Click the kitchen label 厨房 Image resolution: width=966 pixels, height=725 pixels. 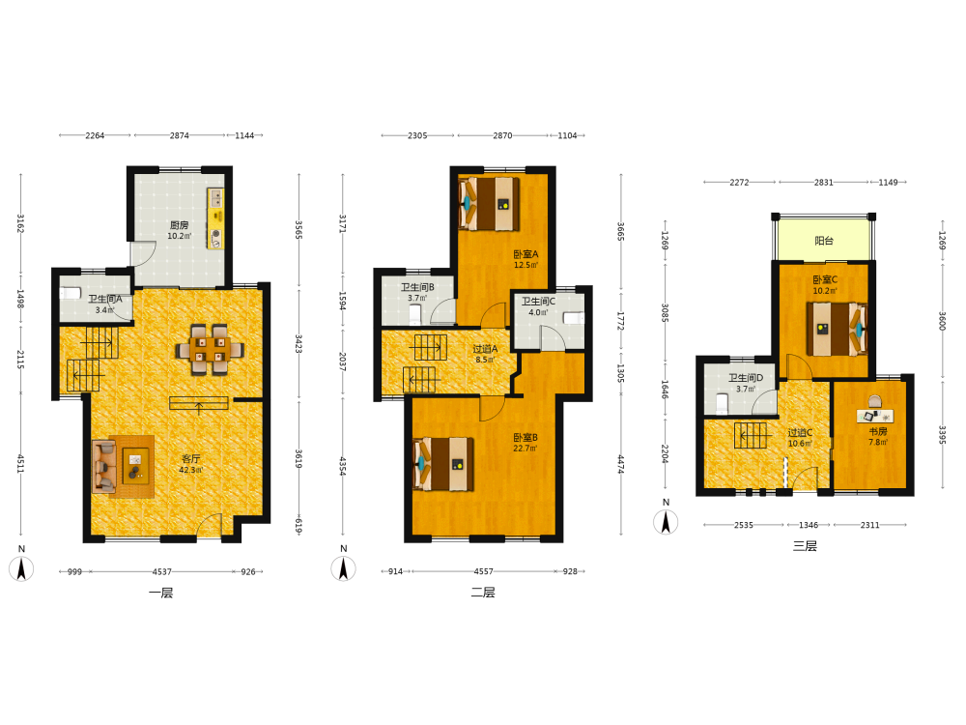tap(180, 225)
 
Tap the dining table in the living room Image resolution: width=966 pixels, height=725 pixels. tap(210, 350)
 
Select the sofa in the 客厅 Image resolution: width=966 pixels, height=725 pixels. tap(104, 466)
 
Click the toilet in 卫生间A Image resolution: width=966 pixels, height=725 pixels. tap(71, 293)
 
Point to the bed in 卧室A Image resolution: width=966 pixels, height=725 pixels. tap(489, 204)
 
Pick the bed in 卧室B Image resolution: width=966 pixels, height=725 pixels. tap(443, 464)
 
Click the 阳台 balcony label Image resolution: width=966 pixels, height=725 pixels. tap(824, 241)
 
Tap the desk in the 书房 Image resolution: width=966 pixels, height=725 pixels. tap(875, 416)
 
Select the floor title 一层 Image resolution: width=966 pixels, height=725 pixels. tap(160, 594)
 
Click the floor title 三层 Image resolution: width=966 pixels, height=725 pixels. tap(805, 546)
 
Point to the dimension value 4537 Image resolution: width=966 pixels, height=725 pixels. tap(162, 571)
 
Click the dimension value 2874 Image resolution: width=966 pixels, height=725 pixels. tap(180, 135)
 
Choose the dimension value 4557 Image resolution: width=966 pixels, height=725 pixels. tap(484, 571)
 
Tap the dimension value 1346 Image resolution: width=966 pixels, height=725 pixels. tap(809, 525)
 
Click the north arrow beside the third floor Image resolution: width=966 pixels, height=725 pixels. tap(666, 522)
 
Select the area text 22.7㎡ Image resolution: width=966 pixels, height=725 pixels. tap(525, 449)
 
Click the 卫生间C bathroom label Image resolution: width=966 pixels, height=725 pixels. tap(538, 302)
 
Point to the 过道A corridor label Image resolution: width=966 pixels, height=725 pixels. tap(485, 349)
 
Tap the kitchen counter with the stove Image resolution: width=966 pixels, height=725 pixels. tap(215, 218)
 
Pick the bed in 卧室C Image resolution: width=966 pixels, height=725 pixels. tap(837, 329)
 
